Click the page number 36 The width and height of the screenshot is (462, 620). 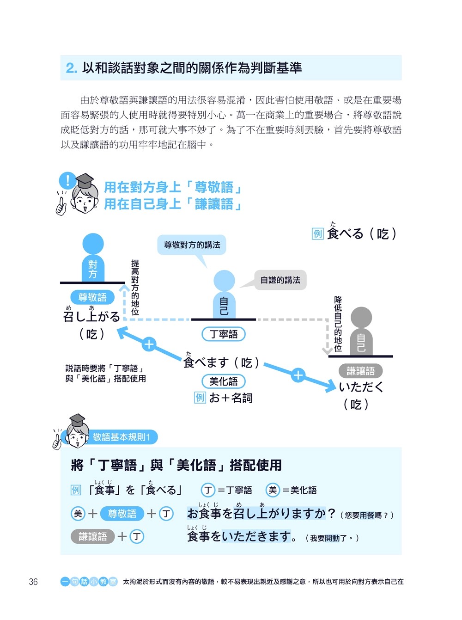(33, 582)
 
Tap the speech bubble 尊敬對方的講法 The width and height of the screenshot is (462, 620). (192, 245)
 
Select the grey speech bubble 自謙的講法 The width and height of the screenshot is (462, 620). (280, 280)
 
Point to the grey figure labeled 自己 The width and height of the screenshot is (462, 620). (361, 333)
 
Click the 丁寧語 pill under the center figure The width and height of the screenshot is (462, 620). (224, 334)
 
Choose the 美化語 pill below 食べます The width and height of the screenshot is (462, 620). (224, 381)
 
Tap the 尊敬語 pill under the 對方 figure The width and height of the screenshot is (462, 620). (92, 297)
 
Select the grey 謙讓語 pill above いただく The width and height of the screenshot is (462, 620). (360, 371)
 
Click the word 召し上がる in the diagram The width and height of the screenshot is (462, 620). (91, 317)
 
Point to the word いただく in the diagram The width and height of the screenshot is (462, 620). (361, 387)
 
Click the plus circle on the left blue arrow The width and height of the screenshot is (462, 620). (149, 344)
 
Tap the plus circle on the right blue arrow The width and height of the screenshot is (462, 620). (298, 375)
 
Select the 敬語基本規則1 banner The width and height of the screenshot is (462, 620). (121, 437)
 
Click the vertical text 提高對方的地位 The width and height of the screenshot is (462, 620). (135, 287)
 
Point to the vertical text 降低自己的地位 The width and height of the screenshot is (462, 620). (338, 324)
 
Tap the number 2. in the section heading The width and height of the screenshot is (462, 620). (71, 68)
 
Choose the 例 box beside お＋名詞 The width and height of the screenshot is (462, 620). (200, 398)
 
